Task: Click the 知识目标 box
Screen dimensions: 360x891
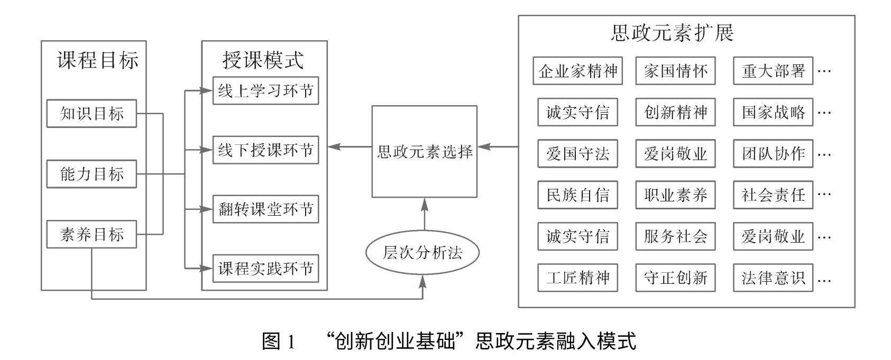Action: click(x=91, y=114)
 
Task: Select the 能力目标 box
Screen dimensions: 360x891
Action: click(x=91, y=174)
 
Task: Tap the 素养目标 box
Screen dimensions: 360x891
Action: click(x=91, y=234)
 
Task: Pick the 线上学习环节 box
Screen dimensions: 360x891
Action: click(x=265, y=91)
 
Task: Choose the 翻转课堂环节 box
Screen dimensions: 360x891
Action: click(x=265, y=209)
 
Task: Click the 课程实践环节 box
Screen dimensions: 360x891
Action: click(x=265, y=269)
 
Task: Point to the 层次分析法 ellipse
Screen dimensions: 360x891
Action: click(x=422, y=253)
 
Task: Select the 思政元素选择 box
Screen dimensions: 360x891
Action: click(x=425, y=152)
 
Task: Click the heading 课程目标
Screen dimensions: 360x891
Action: click(x=98, y=60)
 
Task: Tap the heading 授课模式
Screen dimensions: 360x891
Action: click(x=263, y=60)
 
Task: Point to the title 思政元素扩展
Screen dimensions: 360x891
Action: click(x=673, y=33)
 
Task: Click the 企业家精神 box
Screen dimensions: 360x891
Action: click(x=577, y=71)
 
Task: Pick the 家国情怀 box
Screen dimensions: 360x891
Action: click(x=675, y=71)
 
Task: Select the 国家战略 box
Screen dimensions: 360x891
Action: click(x=773, y=112)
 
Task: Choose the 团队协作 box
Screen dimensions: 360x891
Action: click(x=773, y=153)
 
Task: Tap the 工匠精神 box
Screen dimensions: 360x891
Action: click(x=577, y=278)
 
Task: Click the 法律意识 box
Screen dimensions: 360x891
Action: click(x=773, y=278)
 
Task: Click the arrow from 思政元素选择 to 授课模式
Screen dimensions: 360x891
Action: click(x=350, y=147)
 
